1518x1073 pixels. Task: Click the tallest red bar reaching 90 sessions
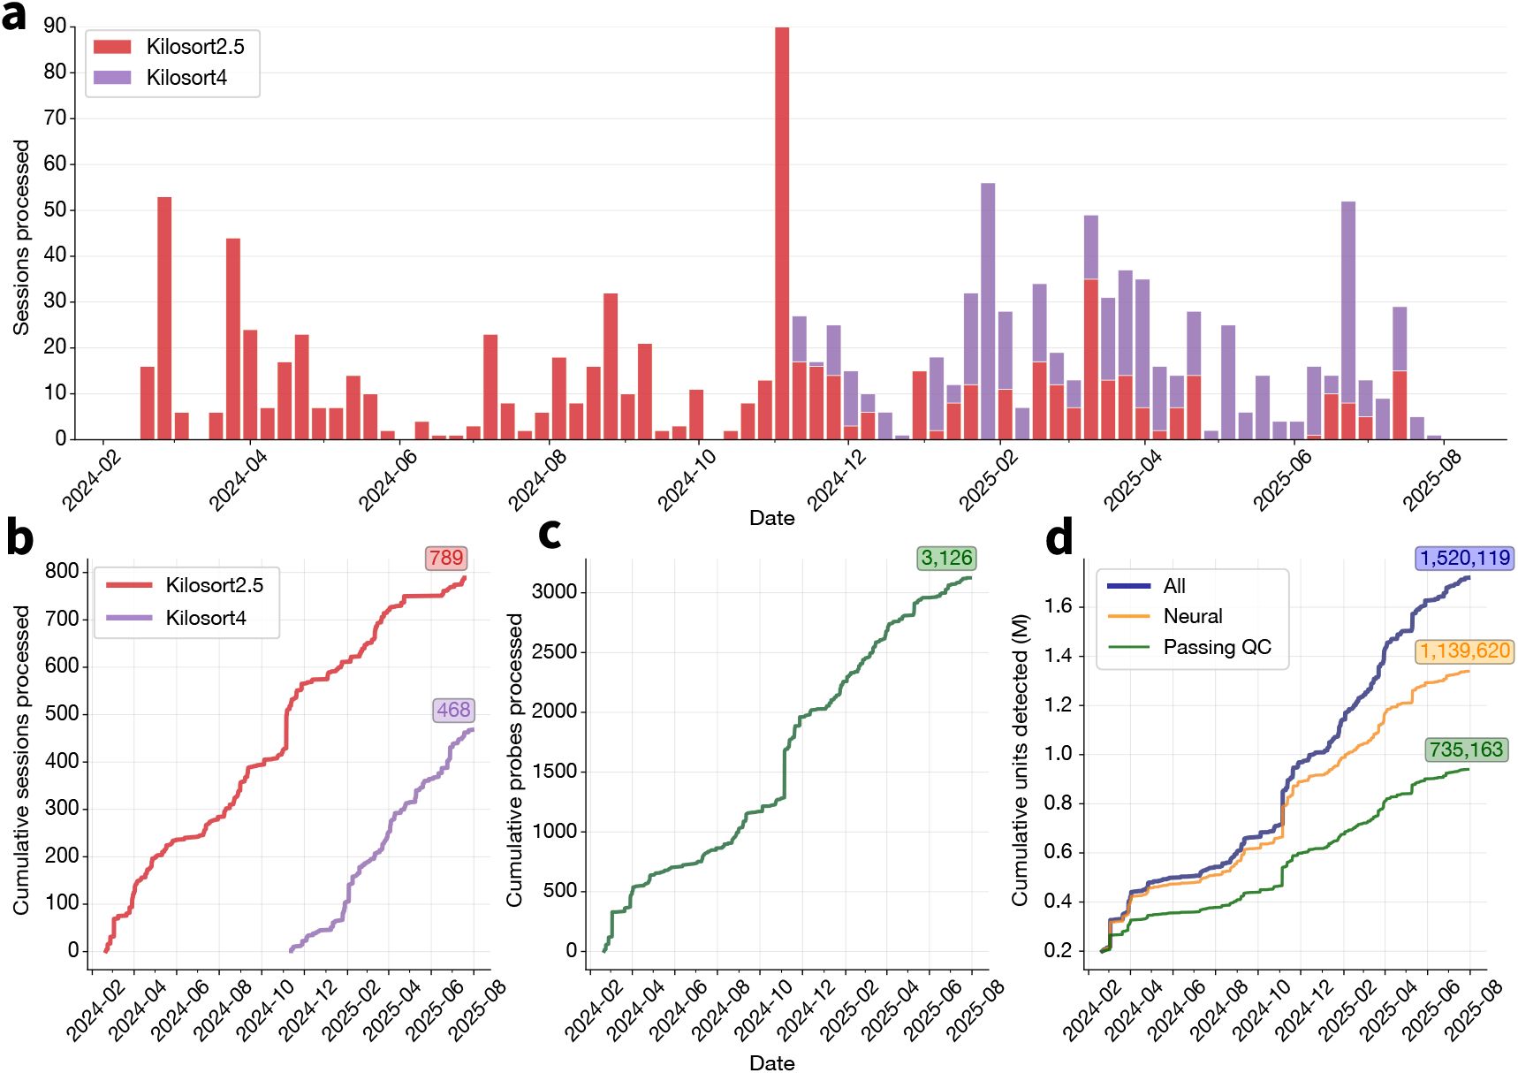tap(782, 230)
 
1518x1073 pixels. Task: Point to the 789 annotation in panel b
tap(446, 559)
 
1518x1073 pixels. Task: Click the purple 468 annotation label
tap(453, 710)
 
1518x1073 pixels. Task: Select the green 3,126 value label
tap(946, 559)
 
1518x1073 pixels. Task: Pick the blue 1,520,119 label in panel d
tap(1465, 559)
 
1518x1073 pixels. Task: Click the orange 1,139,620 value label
tap(1465, 651)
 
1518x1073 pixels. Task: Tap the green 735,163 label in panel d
tap(1466, 750)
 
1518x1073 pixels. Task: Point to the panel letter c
tap(550, 533)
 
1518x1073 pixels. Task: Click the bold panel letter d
tap(1059, 536)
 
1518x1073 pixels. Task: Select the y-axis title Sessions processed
tap(21, 237)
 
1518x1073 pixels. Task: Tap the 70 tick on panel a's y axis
tap(55, 118)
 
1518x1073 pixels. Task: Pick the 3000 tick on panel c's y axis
tap(554, 591)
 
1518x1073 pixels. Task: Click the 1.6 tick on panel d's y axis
tap(1059, 606)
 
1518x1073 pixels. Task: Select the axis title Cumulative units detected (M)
tap(1021, 760)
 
